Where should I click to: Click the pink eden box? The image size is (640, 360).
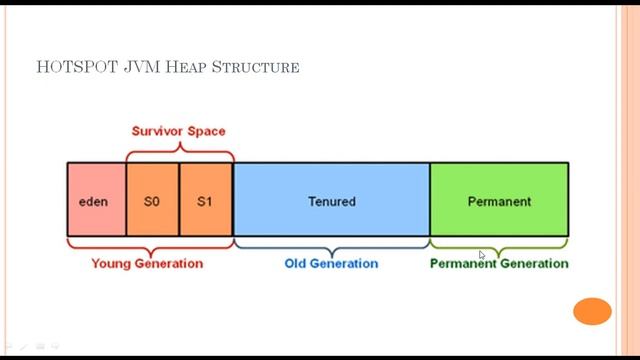click(x=96, y=200)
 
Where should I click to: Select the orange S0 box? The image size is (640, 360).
click(x=152, y=200)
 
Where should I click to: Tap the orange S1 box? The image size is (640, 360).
click(x=205, y=200)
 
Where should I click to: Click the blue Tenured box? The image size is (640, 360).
click(x=331, y=200)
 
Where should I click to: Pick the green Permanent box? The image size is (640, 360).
click(x=499, y=200)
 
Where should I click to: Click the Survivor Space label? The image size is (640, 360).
click(x=179, y=131)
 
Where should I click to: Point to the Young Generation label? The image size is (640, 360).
click(x=147, y=264)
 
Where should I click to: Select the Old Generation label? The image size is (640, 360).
click(x=331, y=264)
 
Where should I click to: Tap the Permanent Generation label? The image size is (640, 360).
click(x=499, y=264)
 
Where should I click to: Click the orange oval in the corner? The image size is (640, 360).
click(x=592, y=311)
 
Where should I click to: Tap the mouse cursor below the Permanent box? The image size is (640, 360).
click(x=482, y=256)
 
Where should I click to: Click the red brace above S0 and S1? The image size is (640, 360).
click(x=180, y=153)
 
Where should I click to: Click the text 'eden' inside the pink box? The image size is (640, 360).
click(x=93, y=201)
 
